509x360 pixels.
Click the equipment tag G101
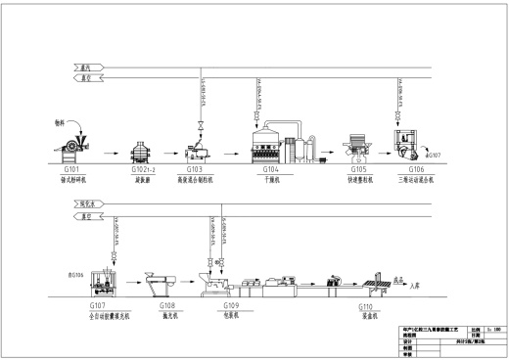pos(69,169)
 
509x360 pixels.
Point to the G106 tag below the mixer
pos(409,169)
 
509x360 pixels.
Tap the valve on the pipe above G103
pos(202,124)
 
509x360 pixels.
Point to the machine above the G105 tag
pos(358,145)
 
